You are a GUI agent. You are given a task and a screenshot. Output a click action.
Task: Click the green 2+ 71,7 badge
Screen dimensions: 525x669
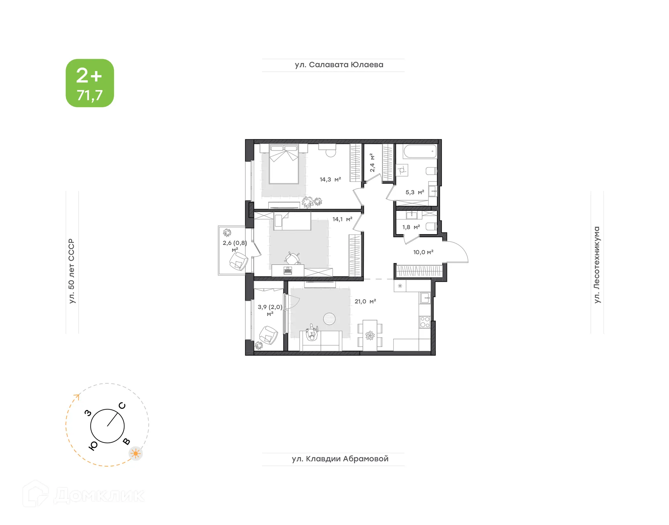90,83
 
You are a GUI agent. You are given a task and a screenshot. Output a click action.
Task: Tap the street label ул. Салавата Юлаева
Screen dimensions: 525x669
339,65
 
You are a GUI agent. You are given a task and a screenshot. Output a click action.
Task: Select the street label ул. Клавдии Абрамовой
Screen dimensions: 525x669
340,459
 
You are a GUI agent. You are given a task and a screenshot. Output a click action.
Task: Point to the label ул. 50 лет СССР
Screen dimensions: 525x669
71,271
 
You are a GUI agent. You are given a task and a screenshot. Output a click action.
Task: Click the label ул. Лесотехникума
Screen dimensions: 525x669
597,265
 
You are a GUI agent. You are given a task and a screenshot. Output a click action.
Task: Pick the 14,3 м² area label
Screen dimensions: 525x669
330,179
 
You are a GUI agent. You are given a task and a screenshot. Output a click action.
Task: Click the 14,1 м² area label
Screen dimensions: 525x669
342,219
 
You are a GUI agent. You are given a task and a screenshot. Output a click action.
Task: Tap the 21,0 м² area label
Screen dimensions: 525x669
365,301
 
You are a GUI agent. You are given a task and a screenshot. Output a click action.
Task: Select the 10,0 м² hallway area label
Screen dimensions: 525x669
423,252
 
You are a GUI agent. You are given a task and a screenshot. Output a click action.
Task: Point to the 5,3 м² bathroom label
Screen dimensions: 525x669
415,192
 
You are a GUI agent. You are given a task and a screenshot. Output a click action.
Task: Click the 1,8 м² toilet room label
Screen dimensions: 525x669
411,227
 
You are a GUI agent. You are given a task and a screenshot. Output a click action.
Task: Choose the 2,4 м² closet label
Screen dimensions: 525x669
372,162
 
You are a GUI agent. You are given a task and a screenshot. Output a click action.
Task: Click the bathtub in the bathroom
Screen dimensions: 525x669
420,152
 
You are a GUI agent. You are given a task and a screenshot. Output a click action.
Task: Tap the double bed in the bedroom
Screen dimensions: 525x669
284,164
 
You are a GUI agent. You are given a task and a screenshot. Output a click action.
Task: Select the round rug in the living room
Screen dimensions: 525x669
329,318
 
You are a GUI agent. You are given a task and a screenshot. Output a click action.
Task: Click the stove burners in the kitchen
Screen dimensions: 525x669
425,322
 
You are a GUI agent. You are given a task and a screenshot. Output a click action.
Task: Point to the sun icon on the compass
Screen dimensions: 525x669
136,453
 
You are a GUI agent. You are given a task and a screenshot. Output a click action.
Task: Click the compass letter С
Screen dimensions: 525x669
122,406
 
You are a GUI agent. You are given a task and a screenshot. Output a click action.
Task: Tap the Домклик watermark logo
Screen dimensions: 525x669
84,495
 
